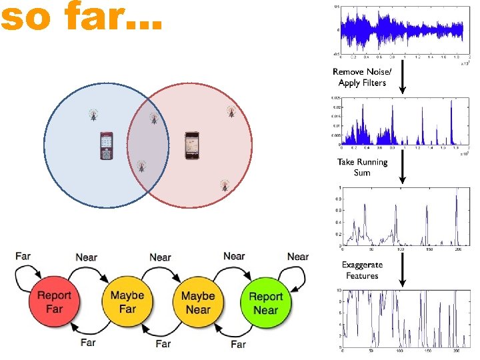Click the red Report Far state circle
55,303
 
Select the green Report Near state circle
265,303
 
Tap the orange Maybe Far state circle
127,303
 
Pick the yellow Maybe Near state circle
198,303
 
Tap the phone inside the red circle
192,146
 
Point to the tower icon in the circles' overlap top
153,119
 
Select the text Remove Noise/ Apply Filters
362,77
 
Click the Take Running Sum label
362,167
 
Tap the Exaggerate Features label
362,270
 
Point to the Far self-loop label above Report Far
23,256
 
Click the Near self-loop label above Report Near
297,257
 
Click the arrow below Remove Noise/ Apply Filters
403,83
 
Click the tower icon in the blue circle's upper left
93,115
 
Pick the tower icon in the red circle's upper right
231,111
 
